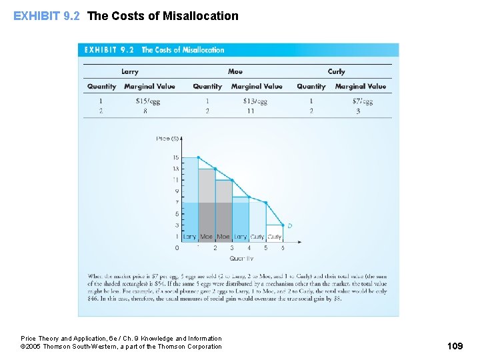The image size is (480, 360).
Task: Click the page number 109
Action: (x=455, y=346)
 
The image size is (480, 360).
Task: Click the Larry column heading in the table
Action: (x=130, y=71)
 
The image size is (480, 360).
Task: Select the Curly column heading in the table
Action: (x=336, y=71)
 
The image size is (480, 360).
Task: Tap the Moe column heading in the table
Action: (x=235, y=71)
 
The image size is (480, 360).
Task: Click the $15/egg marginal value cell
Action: (x=147, y=101)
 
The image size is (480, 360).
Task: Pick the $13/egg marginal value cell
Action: (x=255, y=101)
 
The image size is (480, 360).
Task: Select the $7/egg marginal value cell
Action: (x=362, y=101)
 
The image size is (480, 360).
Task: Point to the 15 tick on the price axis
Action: (x=175, y=157)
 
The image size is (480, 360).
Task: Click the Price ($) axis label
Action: (x=167, y=139)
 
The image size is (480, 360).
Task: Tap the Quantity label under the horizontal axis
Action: (x=241, y=258)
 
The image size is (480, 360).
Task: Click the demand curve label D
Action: (x=289, y=226)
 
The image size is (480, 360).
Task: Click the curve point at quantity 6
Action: (x=283, y=225)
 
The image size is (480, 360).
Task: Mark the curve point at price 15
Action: (x=199, y=157)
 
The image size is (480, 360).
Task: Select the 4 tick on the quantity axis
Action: (x=249, y=248)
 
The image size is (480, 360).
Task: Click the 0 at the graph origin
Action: (x=177, y=247)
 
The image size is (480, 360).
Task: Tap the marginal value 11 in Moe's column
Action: (x=251, y=111)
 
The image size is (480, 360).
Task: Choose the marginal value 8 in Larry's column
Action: (x=145, y=111)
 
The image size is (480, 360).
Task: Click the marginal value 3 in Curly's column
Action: (x=358, y=111)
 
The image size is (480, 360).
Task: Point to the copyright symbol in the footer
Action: (x=23, y=347)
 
